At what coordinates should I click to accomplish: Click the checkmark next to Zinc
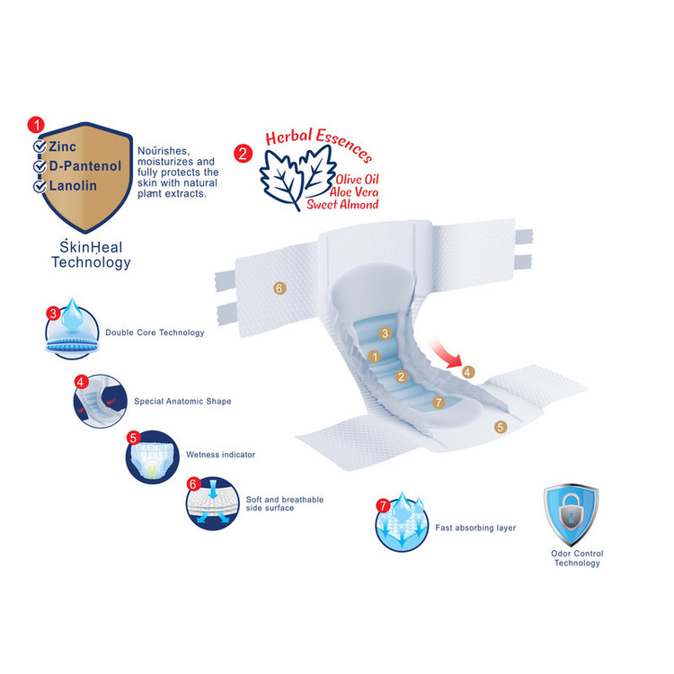(x=40, y=146)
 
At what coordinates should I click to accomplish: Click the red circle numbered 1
(x=35, y=123)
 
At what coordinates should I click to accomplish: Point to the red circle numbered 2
(x=243, y=153)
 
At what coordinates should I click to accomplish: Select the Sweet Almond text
(x=342, y=204)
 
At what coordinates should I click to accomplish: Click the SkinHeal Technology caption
(x=91, y=254)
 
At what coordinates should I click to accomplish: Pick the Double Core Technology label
(x=155, y=333)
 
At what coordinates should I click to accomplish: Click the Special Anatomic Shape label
(x=182, y=401)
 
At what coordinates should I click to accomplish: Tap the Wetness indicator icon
(x=149, y=456)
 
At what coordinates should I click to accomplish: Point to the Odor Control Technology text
(x=576, y=558)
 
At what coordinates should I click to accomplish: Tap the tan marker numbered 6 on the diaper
(x=279, y=288)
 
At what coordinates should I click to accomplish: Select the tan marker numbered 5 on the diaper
(x=501, y=428)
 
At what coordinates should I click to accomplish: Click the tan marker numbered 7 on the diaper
(x=439, y=402)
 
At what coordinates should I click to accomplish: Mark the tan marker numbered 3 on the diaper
(x=385, y=333)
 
